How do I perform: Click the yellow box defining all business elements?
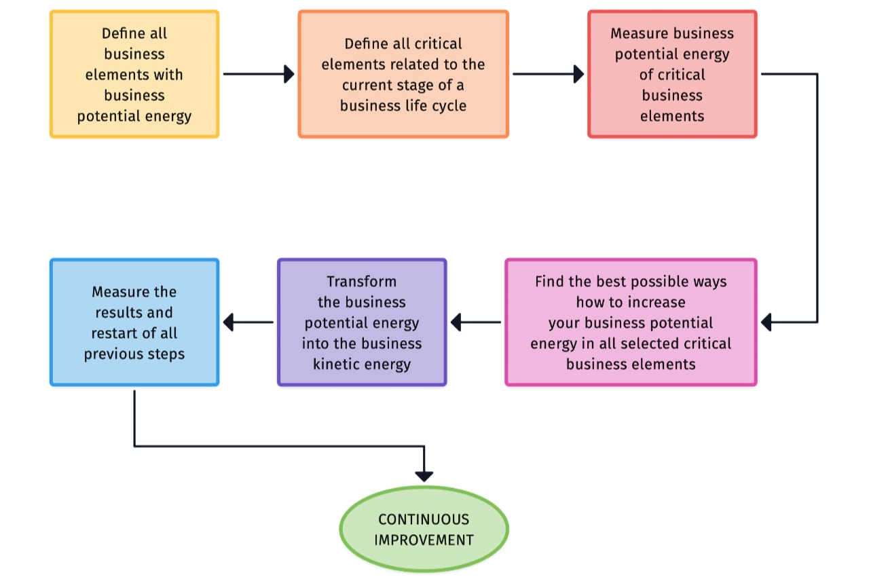[x=134, y=75]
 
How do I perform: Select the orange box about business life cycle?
[x=403, y=75]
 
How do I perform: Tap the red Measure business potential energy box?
[x=672, y=75]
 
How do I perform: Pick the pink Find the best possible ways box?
[x=631, y=322]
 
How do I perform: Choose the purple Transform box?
[x=362, y=322]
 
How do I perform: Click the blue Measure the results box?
[x=134, y=322]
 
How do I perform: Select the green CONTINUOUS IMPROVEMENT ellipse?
[x=424, y=529]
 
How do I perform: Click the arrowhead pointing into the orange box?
[x=289, y=74]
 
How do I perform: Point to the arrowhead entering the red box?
[x=578, y=74]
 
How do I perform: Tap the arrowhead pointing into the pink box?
[x=766, y=322]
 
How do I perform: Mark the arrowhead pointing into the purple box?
[x=456, y=322]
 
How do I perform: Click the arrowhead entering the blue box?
[x=229, y=322]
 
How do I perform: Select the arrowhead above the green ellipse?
[x=424, y=476]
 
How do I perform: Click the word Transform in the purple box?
[x=361, y=281]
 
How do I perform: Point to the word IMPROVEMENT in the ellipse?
[x=424, y=540]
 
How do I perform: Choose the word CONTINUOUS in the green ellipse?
[x=424, y=519]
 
